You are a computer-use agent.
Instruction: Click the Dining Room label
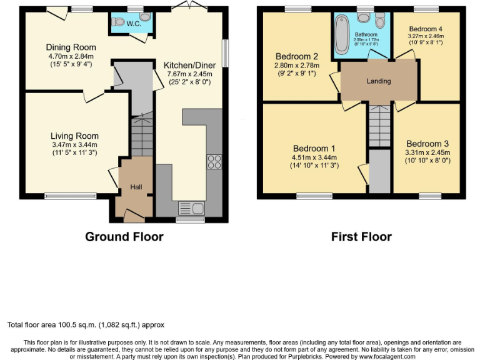[71, 47]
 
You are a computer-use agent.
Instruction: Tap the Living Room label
[75, 136]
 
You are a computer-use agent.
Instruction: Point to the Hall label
[136, 187]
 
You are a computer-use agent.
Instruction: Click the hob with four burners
[214, 161]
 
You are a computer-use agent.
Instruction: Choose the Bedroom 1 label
[314, 148]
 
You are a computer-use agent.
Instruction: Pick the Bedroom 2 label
[296, 56]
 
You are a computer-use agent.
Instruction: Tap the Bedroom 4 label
[426, 29]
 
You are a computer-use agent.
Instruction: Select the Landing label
[379, 81]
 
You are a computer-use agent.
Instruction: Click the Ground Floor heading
[124, 237]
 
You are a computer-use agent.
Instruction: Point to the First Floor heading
[361, 237]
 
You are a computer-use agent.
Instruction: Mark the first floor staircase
[379, 125]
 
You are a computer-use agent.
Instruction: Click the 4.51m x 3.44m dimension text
[315, 157]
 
